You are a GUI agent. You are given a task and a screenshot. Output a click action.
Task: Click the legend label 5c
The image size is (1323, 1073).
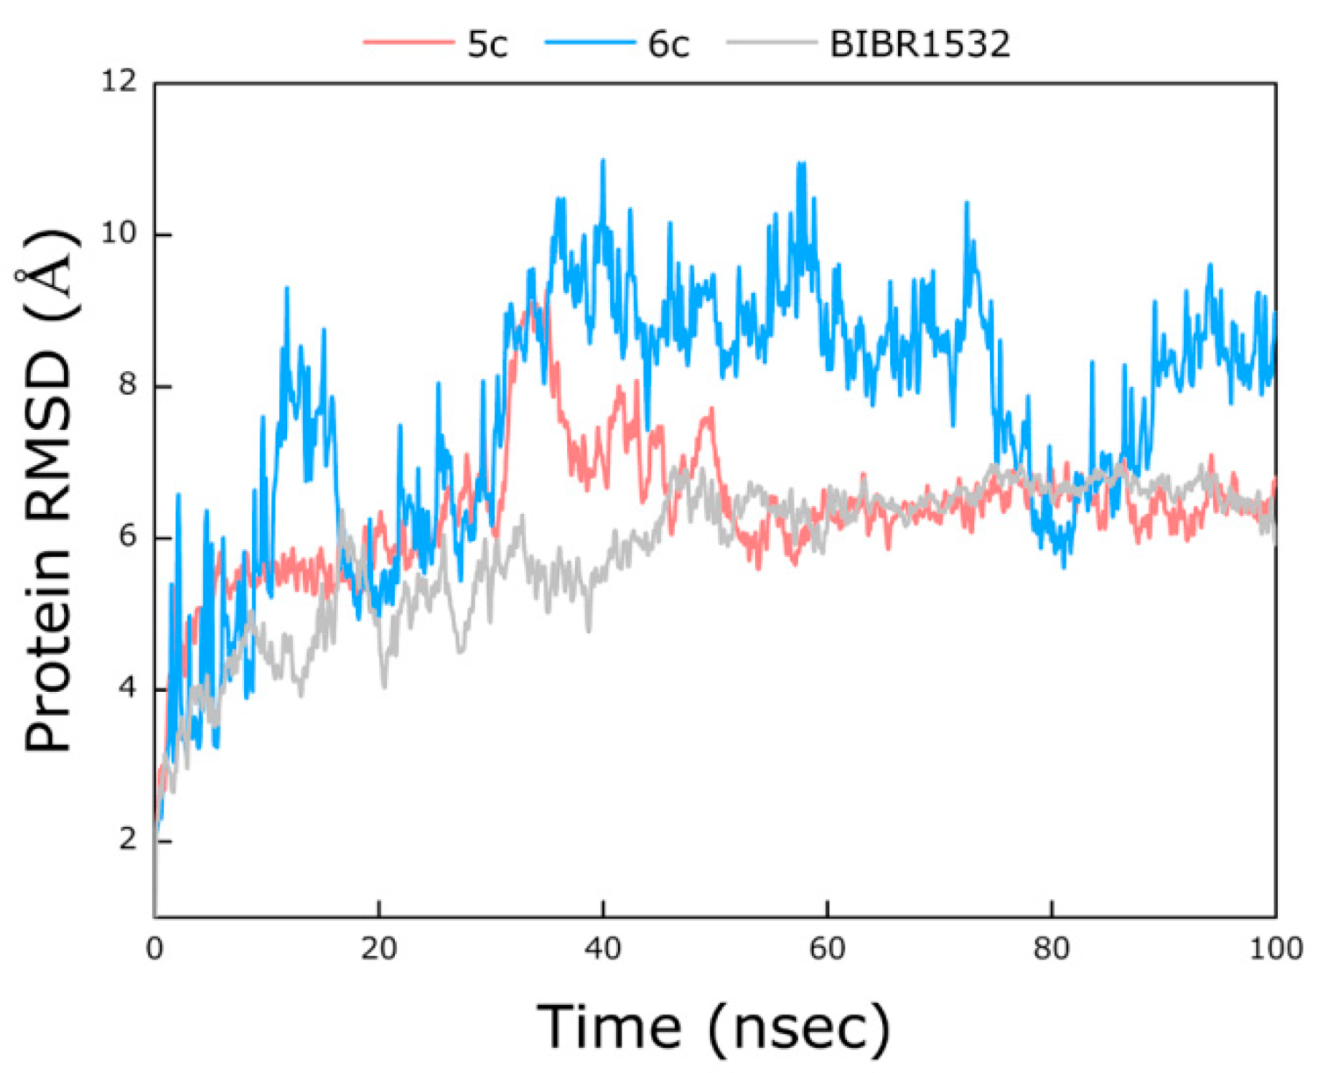487,44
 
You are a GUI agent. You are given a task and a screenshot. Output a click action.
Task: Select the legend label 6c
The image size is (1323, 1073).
668,44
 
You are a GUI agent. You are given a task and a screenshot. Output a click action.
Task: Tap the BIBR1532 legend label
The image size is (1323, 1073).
920,44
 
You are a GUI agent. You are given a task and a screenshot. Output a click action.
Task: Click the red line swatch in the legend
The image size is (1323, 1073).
408,42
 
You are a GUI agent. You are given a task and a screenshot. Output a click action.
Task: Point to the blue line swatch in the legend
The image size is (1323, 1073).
589,42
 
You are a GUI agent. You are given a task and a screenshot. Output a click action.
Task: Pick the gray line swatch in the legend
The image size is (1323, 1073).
771,42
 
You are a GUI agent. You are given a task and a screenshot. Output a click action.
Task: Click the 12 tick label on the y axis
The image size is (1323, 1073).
118,82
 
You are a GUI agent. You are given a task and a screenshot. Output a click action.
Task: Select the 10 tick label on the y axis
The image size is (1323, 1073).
118,233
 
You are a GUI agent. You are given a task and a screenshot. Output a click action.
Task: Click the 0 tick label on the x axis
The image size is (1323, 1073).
154,950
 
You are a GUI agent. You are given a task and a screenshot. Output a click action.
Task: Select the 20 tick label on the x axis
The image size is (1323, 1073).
379,950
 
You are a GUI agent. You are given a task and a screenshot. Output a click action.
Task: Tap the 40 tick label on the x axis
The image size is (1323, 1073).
603,950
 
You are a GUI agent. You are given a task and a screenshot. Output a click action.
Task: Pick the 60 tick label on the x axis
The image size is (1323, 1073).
827,950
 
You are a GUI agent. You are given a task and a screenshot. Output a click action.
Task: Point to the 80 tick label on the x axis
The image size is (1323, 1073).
1051,950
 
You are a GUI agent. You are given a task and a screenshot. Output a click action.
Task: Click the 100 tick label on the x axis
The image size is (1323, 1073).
1276,950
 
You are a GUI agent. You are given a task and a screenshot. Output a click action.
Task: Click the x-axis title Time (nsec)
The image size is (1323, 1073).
714,1029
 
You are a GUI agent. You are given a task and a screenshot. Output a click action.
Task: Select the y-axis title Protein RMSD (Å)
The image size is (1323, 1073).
49,491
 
